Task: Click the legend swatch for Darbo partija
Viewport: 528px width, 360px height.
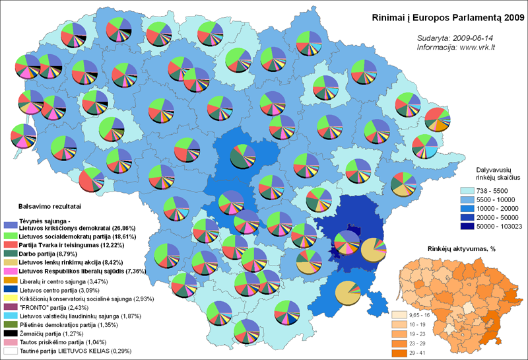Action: [10, 252]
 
